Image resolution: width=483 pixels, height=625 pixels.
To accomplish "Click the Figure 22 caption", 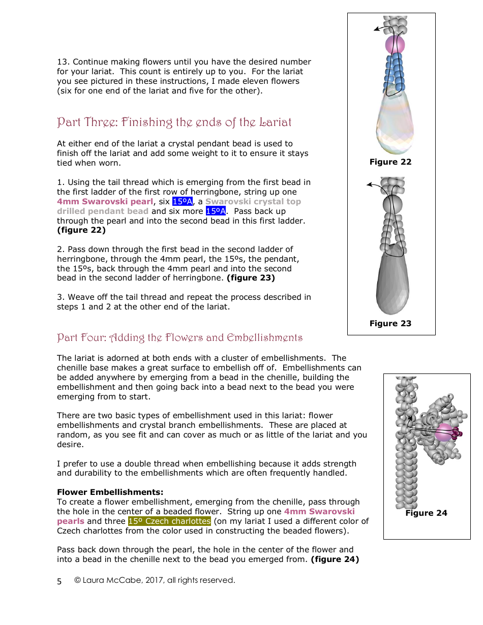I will pyautogui.click(x=390, y=162).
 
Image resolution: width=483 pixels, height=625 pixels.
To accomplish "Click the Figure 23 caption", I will pyautogui.click(x=390, y=324).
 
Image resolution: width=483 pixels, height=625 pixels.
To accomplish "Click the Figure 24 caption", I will pyautogui.click(x=426, y=513).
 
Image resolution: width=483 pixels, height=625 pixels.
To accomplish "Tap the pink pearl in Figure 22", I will pyautogui.click(x=395, y=45).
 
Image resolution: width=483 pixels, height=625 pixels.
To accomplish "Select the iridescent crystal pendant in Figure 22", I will pyautogui.click(x=395, y=124).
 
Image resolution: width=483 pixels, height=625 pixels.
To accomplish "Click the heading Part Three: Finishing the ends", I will pyautogui.click(x=174, y=122).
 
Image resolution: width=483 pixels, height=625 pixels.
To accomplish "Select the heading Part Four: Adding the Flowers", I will pyautogui.click(x=179, y=338).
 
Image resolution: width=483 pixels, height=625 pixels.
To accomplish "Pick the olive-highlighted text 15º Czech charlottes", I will pyautogui.click(x=169, y=521).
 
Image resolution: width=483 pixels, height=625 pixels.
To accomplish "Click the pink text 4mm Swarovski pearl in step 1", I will pyautogui.click(x=105, y=202).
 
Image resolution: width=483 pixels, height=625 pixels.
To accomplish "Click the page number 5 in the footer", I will pyautogui.click(x=59, y=581).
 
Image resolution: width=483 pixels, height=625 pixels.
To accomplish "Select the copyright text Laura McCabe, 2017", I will pyautogui.click(x=155, y=580).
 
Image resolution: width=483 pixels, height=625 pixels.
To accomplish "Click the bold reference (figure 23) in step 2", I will pyautogui.click(x=251, y=278).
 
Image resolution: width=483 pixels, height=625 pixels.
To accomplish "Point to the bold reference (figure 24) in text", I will pyautogui.click(x=335, y=560).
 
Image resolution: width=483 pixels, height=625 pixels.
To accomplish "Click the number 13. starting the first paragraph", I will pyautogui.click(x=64, y=62).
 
